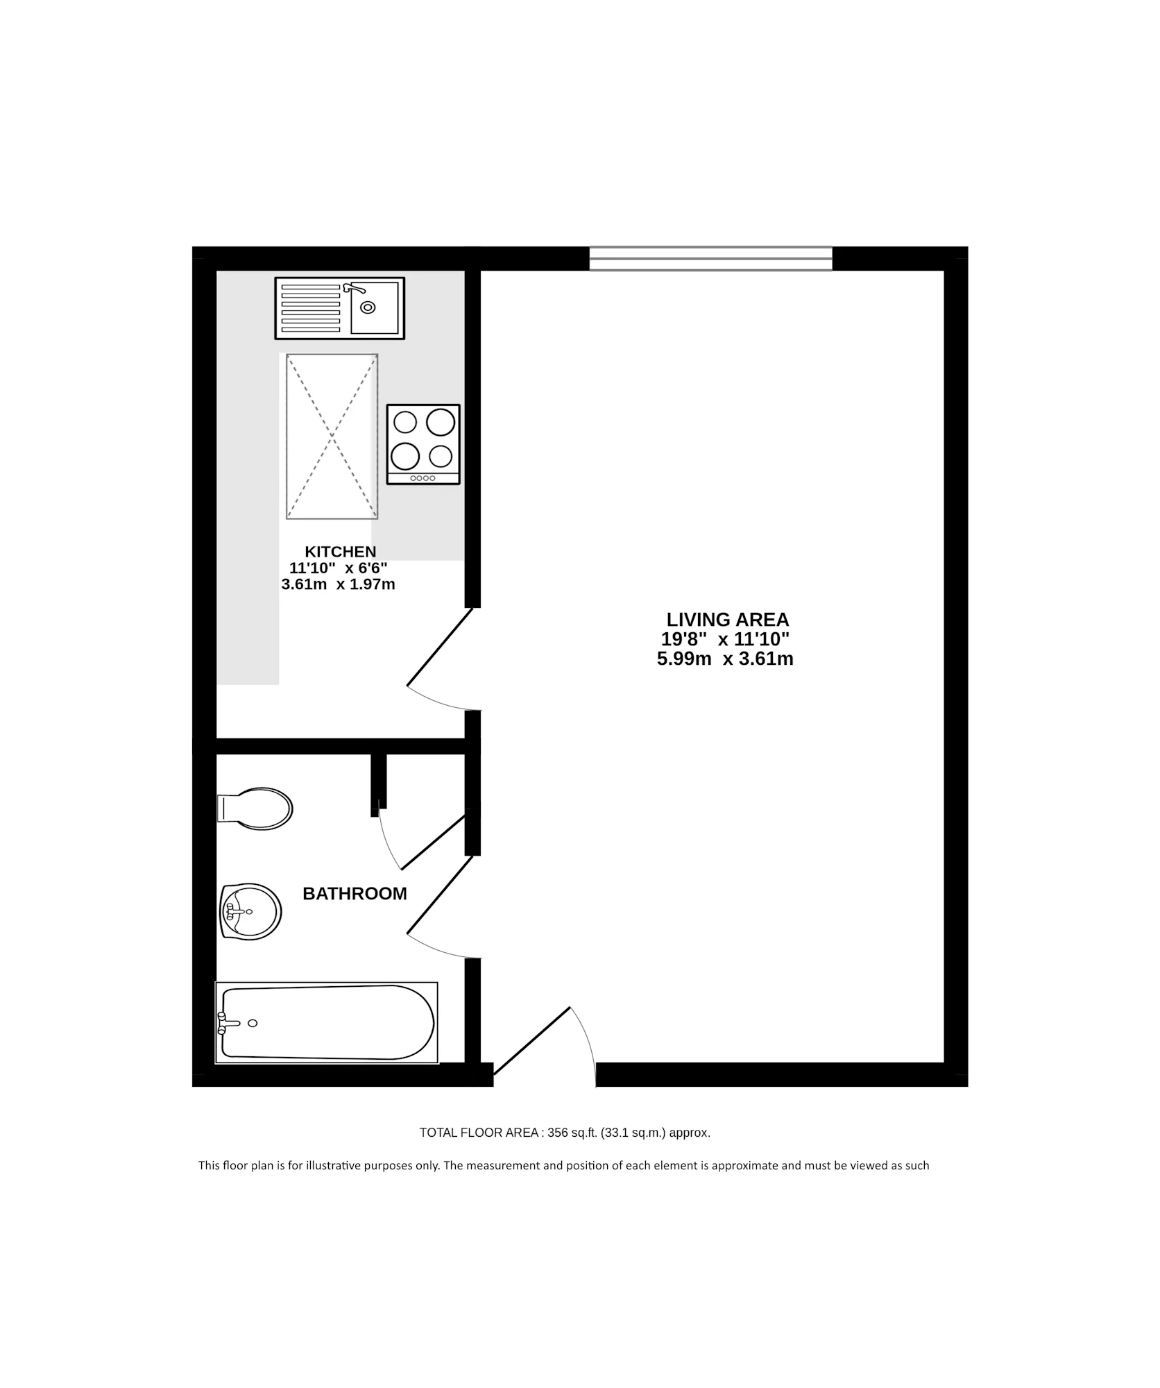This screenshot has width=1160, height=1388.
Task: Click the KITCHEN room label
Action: tap(341, 552)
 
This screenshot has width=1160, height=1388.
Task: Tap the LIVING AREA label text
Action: tap(728, 620)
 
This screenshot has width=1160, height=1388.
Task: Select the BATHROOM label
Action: tap(355, 894)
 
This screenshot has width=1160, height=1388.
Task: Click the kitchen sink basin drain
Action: tap(367, 307)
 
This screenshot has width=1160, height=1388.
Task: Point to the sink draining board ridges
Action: tap(311, 308)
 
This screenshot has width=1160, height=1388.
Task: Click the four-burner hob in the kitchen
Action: tap(423, 444)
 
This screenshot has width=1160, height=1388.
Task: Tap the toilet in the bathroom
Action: tap(255, 809)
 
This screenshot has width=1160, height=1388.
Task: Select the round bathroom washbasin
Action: tap(250, 911)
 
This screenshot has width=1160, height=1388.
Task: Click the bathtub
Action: tap(327, 1022)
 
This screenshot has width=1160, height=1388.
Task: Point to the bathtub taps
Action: tap(224, 1023)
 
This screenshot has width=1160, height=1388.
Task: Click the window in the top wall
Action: tap(710, 258)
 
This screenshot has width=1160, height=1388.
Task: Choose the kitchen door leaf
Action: tap(440, 647)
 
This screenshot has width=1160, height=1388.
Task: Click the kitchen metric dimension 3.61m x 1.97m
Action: tap(339, 584)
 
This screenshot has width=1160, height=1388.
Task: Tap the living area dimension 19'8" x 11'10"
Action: tap(726, 639)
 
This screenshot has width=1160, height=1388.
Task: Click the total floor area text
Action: tap(565, 1133)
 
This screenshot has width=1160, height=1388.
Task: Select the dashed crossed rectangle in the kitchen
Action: tap(332, 436)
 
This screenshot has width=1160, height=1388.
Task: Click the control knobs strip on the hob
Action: tap(423, 478)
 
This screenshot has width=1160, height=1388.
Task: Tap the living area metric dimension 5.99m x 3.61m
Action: tap(725, 659)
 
